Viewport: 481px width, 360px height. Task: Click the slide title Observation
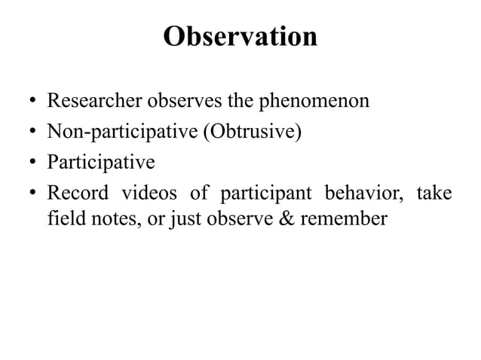pyautogui.click(x=240, y=37)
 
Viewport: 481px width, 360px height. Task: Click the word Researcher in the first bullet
pyautogui.click(x=87, y=101)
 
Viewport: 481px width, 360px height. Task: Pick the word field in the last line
pyautogui.click(x=63, y=219)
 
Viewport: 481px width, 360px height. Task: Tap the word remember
pyautogui.click(x=353, y=219)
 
